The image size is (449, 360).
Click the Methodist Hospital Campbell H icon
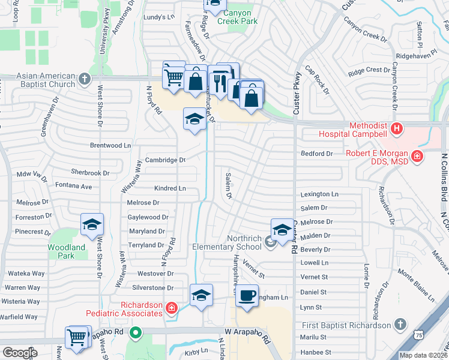click(396, 128)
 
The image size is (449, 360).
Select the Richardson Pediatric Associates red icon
click(172, 308)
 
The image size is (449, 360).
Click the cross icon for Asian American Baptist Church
click(85, 79)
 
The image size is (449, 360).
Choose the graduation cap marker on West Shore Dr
click(92, 224)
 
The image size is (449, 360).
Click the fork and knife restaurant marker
click(218, 79)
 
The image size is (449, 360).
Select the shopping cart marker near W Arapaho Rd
click(77, 337)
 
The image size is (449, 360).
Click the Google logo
click(20, 353)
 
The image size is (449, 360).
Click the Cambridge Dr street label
click(166, 160)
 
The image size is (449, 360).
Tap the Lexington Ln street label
click(319, 194)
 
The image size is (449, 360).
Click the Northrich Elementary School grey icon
click(270, 242)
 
